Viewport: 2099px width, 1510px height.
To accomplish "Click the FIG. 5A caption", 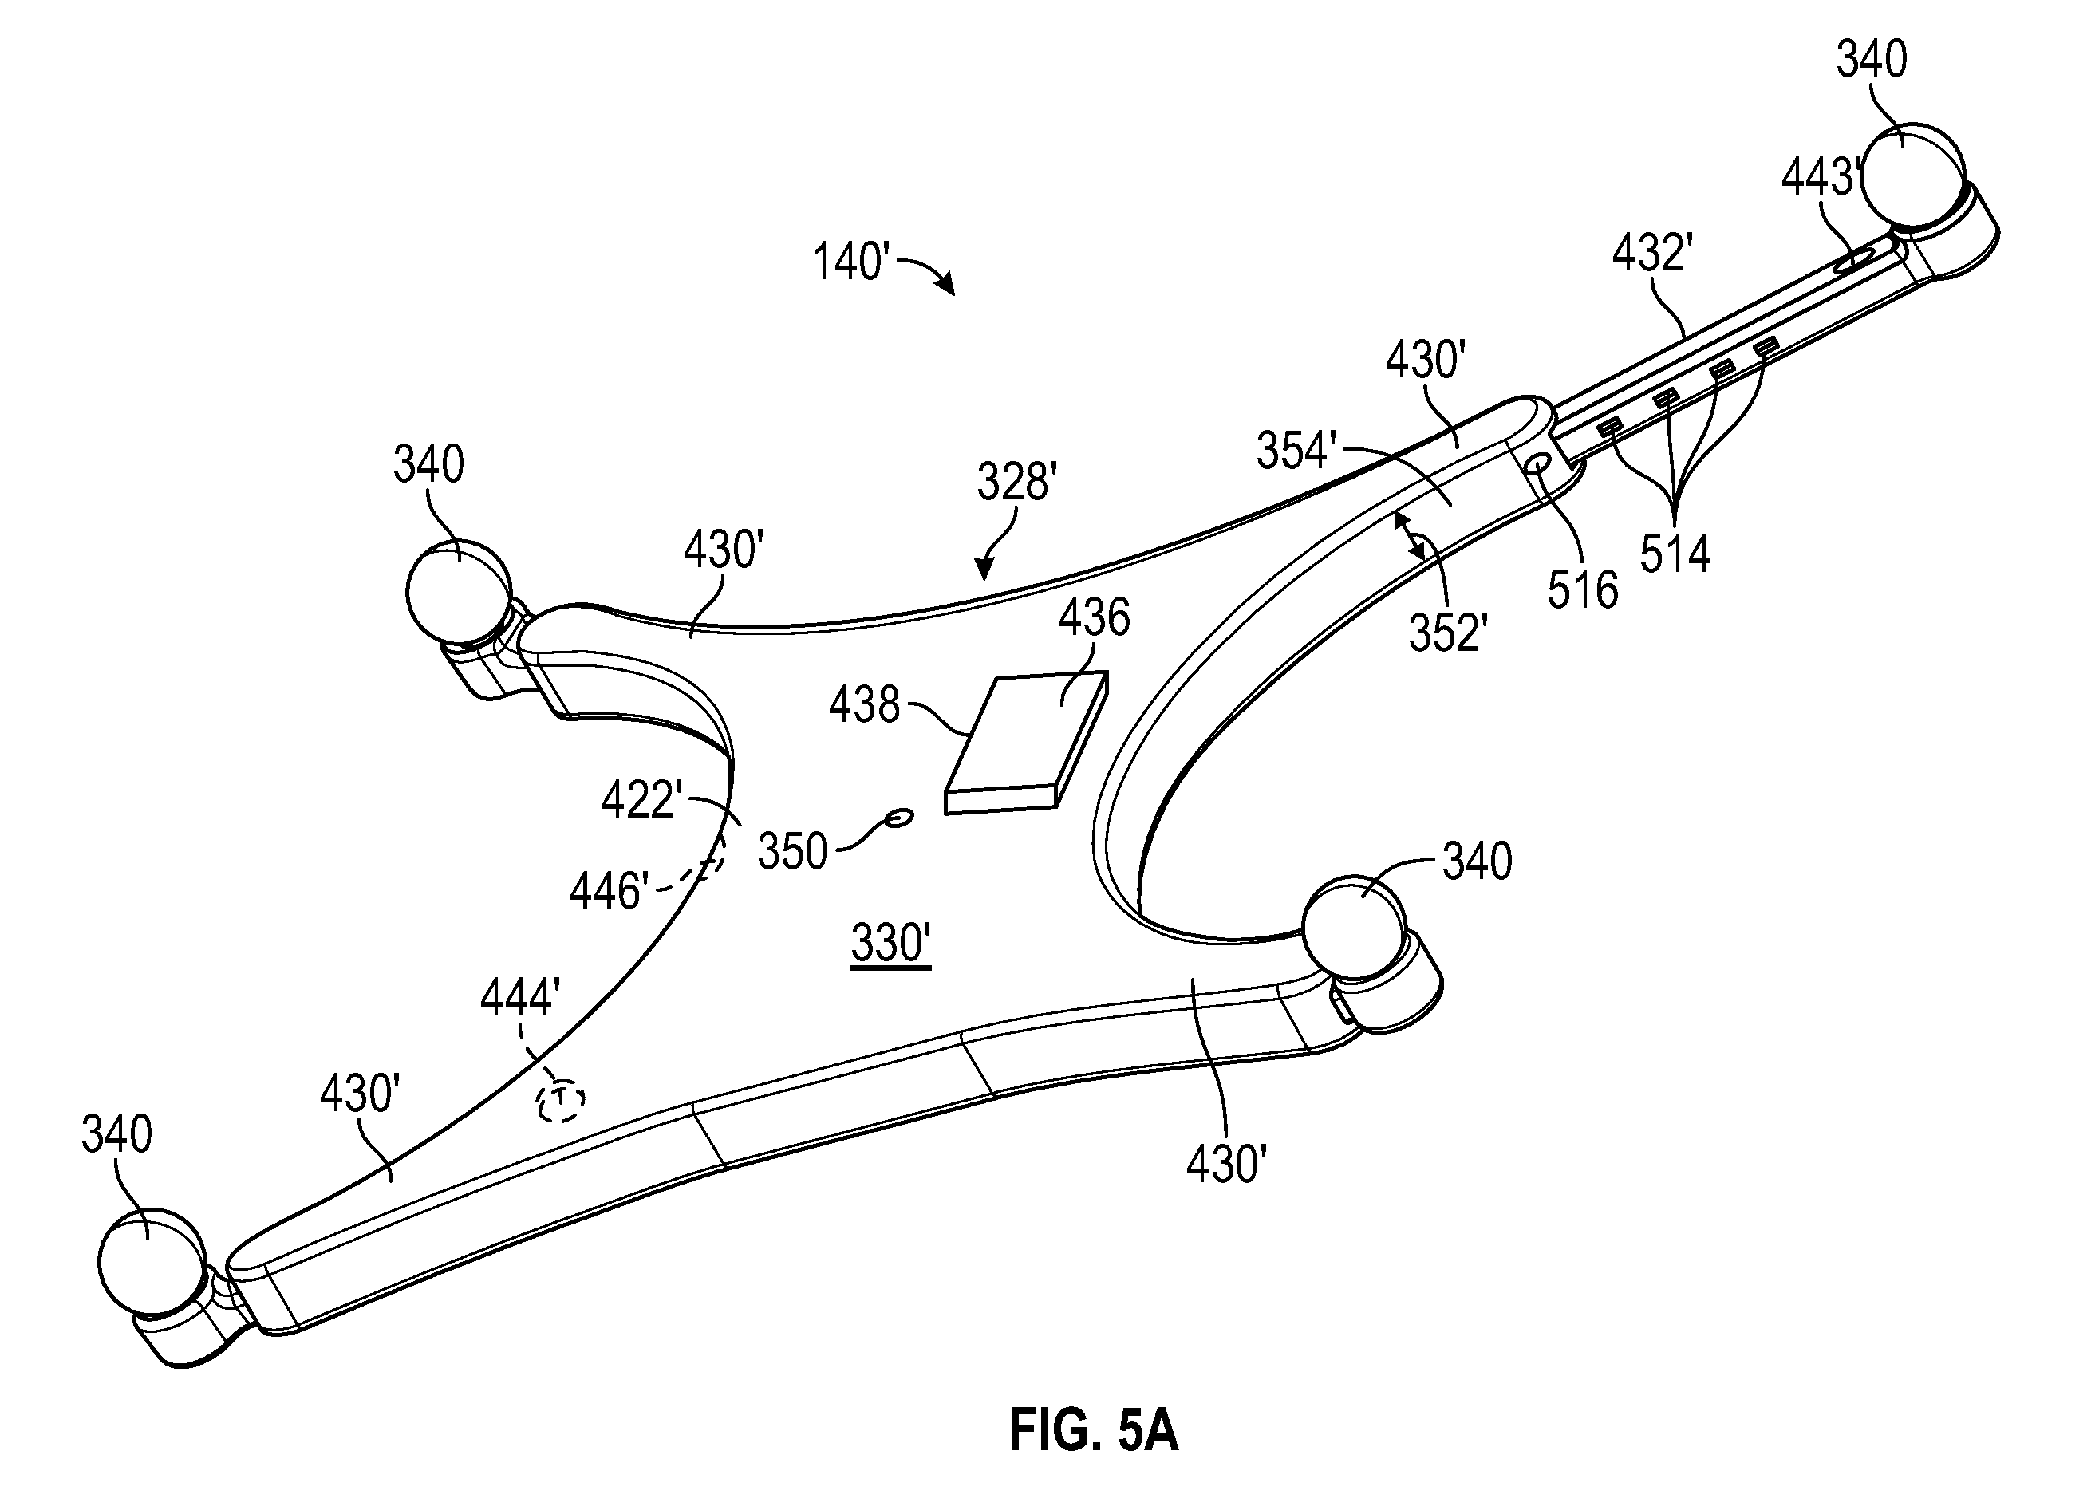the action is click(x=1094, y=1429).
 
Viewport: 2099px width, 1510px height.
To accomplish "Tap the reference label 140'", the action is click(x=850, y=261).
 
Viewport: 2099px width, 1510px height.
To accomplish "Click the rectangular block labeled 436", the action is click(x=1026, y=743).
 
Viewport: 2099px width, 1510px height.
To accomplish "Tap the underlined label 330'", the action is click(x=890, y=944).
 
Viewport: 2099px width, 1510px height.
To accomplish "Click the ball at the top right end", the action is click(x=1912, y=174).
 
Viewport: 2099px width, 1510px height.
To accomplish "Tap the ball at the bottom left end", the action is click(x=151, y=1260).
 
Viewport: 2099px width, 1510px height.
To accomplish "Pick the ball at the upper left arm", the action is click(x=458, y=591).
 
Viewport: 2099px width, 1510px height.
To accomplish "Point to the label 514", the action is click(x=1675, y=554).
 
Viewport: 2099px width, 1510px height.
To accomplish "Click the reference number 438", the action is click(x=864, y=705).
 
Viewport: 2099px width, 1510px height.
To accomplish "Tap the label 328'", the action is click(x=1017, y=481).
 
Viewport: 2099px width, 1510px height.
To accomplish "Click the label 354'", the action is click(x=1296, y=451).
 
